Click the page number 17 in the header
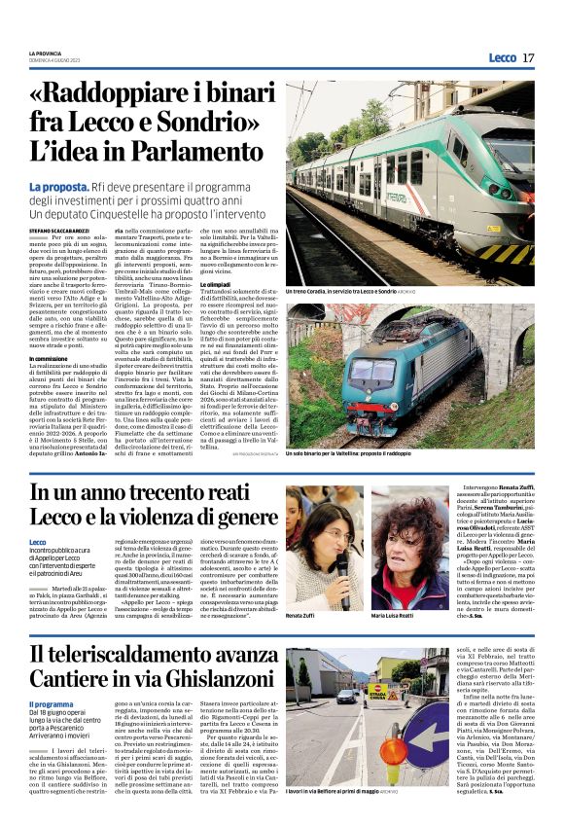[528, 58]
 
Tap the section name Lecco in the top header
[503, 58]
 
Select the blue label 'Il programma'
[50, 702]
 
